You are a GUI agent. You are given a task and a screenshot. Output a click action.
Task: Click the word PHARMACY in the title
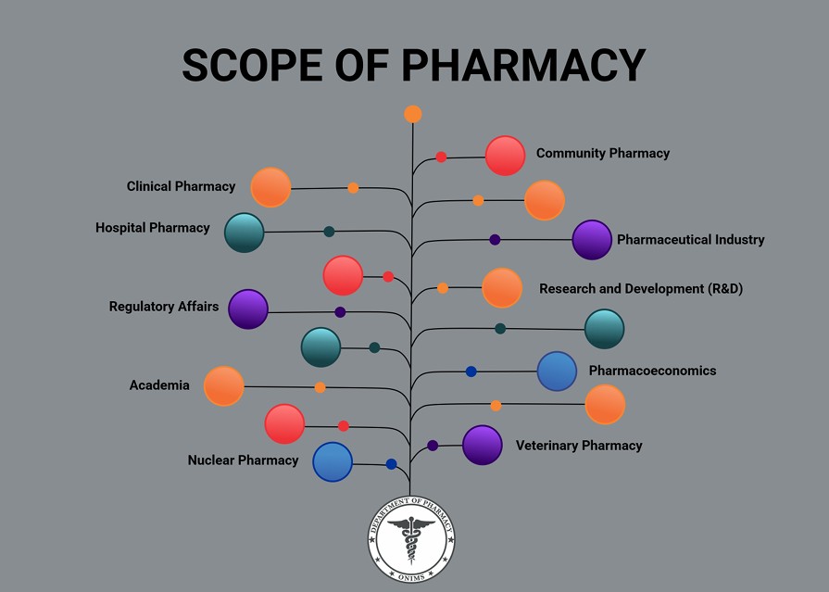coord(523,66)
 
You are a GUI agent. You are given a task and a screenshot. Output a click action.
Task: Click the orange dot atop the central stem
coord(413,114)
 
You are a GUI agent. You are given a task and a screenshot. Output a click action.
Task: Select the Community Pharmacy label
coord(602,153)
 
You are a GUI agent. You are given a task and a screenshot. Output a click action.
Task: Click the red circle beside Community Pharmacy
coord(506,156)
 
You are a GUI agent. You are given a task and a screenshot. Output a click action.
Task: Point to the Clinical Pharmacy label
coord(181,186)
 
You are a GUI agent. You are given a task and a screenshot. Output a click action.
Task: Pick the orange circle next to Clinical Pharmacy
coord(270,187)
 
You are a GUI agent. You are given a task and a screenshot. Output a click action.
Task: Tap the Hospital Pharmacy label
coord(153,227)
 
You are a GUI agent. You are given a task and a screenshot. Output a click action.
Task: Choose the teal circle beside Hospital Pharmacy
coord(245,233)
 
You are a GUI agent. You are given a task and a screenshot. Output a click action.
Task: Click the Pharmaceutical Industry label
coord(690,239)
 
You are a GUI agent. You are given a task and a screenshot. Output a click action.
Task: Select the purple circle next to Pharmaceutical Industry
coord(592,240)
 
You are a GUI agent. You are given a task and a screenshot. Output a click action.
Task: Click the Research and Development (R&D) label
coord(641,288)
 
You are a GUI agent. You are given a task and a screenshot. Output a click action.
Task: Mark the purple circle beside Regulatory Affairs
coord(248,309)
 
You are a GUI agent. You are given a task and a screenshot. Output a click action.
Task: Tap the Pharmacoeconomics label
coord(652,371)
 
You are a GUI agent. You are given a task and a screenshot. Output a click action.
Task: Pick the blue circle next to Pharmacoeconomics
coord(557,372)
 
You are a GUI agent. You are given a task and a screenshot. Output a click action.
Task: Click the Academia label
coord(159,385)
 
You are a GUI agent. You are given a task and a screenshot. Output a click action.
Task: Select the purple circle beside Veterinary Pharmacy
coord(482,445)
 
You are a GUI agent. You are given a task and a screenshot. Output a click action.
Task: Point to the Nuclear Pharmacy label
coord(243,460)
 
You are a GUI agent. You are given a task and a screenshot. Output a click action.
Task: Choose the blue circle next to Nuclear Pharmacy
coord(333,462)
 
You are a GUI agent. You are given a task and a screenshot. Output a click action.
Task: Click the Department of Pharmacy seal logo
coord(411,540)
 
